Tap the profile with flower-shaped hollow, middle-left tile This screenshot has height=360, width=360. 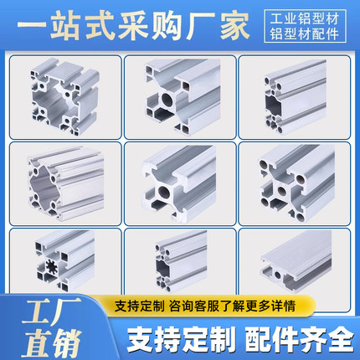click(x=60, y=183)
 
